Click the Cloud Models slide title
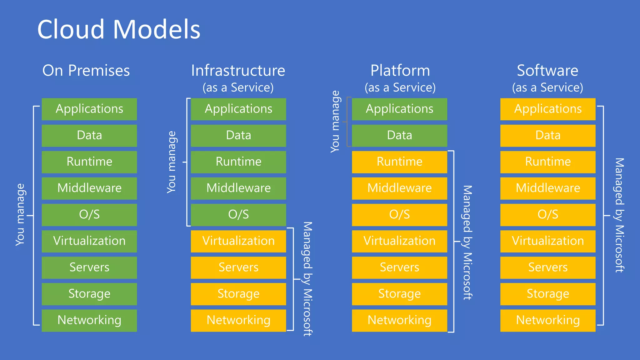[118, 29]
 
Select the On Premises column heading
[86, 71]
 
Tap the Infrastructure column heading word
[238, 71]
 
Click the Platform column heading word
[400, 71]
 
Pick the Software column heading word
[547, 71]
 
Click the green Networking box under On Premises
[89, 320]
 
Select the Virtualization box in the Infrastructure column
[238, 241]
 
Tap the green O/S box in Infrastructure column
[238, 215]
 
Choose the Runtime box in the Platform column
[399, 162]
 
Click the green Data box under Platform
[399, 135]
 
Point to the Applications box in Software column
[548, 109]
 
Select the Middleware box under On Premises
[89, 188]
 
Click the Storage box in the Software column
[548, 294]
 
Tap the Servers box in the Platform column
[399, 267]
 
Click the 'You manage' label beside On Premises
[20, 215]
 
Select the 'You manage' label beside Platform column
[335, 122]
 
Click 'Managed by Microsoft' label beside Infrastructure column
[307, 279]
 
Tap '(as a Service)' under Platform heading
[400, 87]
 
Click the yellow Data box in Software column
[548, 135]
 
